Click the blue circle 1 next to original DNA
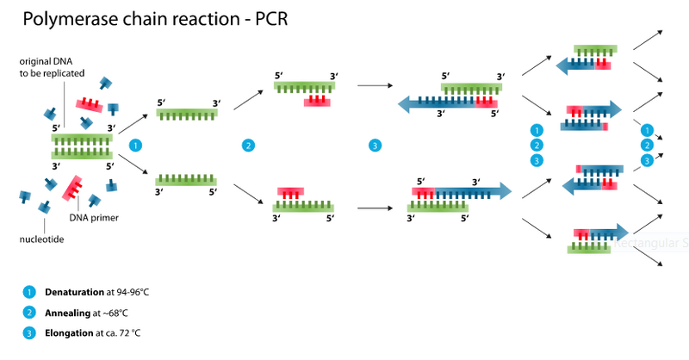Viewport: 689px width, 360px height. tap(135, 145)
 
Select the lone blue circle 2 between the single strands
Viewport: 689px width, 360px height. tap(248, 145)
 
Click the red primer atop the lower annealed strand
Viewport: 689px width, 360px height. tap(290, 193)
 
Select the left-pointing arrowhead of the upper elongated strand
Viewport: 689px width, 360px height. tap(404, 102)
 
